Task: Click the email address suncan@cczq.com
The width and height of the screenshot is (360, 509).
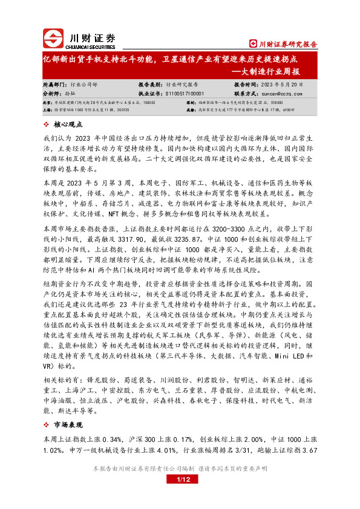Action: [283, 94]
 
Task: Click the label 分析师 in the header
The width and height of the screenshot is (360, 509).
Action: [53, 94]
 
